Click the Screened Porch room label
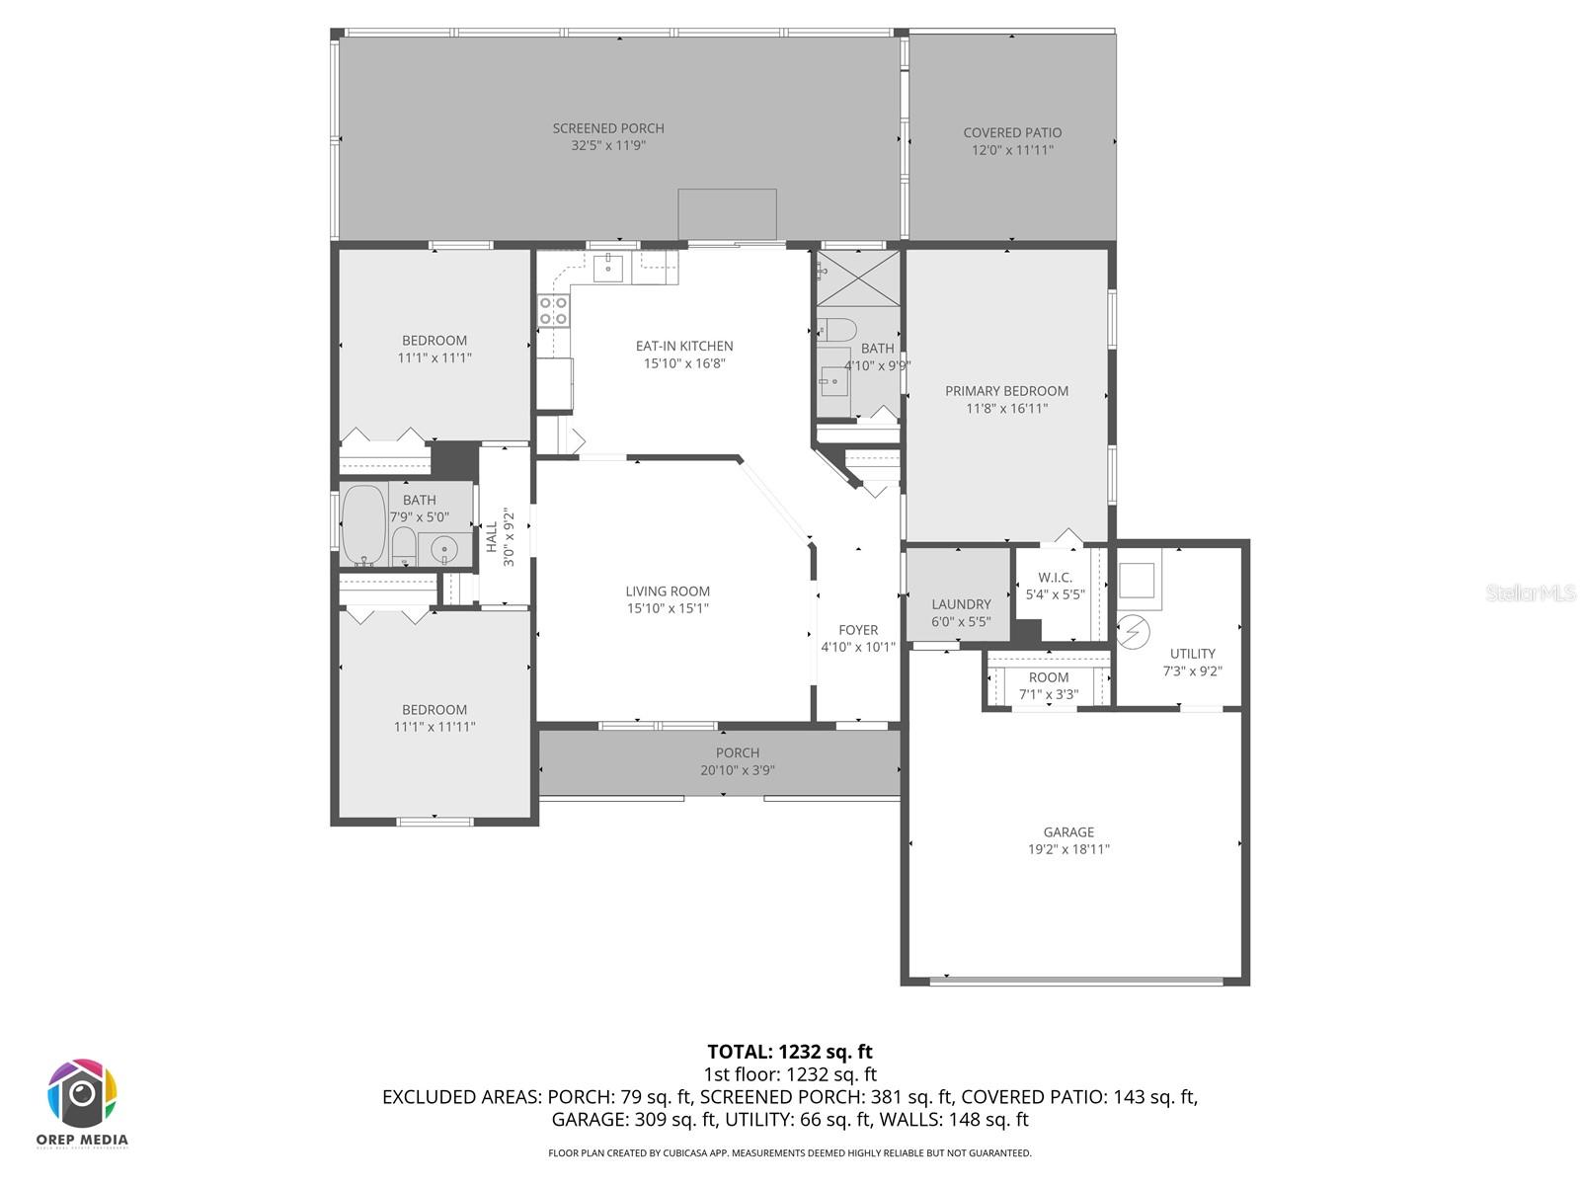pos(608,128)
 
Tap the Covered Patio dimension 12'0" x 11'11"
pos(1012,150)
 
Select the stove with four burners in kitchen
pos(553,311)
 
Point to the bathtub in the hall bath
pos(363,523)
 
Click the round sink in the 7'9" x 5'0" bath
pos(444,548)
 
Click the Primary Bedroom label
pos(1006,391)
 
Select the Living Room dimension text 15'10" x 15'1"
pos(668,608)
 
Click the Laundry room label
pos(961,604)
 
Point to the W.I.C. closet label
pos(1055,578)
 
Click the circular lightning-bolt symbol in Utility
pos(1133,629)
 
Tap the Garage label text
pos(1068,832)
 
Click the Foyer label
pos(858,630)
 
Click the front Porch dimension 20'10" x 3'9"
pos(738,770)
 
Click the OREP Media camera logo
pos(83,1093)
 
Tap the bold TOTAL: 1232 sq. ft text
pos(790,1052)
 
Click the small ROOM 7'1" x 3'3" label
pos(1049,678)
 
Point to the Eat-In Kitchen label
pos(684,347)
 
